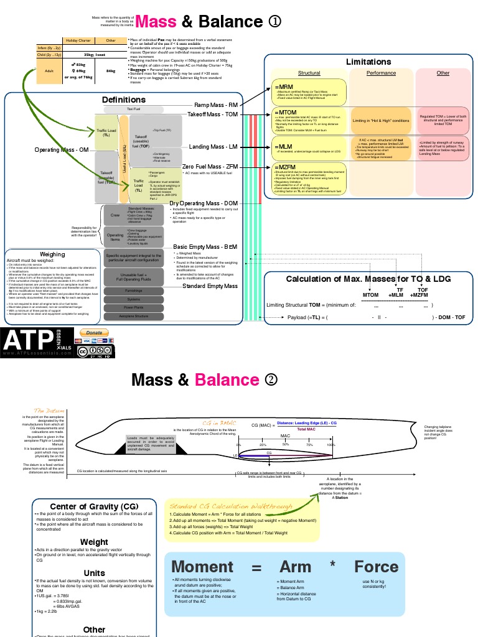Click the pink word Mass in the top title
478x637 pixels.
click(156, 21)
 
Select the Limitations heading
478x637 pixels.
click(368, 62)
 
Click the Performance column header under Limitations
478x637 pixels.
click(381, 73)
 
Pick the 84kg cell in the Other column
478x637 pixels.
click(111, 70)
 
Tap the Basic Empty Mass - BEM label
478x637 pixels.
click(205, 247)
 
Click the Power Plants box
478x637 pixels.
click(137, 307)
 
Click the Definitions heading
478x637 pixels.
click(124, 100)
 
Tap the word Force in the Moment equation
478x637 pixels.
click(376, 566)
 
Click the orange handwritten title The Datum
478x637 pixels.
click(48, 411)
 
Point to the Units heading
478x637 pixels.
click(94, 572)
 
